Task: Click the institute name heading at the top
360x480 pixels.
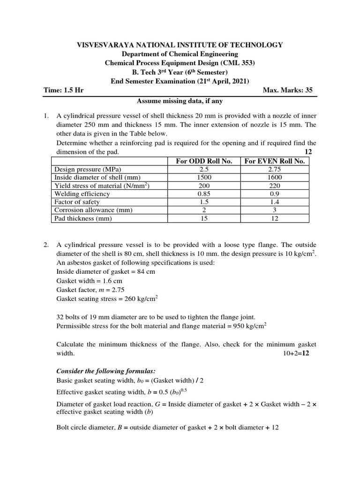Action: point(180,45)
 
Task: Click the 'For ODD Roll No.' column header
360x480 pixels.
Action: point(204,161)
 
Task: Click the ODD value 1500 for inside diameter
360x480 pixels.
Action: point(204,178)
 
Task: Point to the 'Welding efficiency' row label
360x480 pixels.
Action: point(82,194)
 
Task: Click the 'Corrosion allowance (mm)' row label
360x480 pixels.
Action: point(91,210)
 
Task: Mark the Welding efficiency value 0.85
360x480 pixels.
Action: point(204,194)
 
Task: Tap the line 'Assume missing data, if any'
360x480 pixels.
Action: point(180,101)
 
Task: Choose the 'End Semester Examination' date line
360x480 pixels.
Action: point(180,81)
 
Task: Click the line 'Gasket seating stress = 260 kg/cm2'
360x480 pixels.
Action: point(107,299)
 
